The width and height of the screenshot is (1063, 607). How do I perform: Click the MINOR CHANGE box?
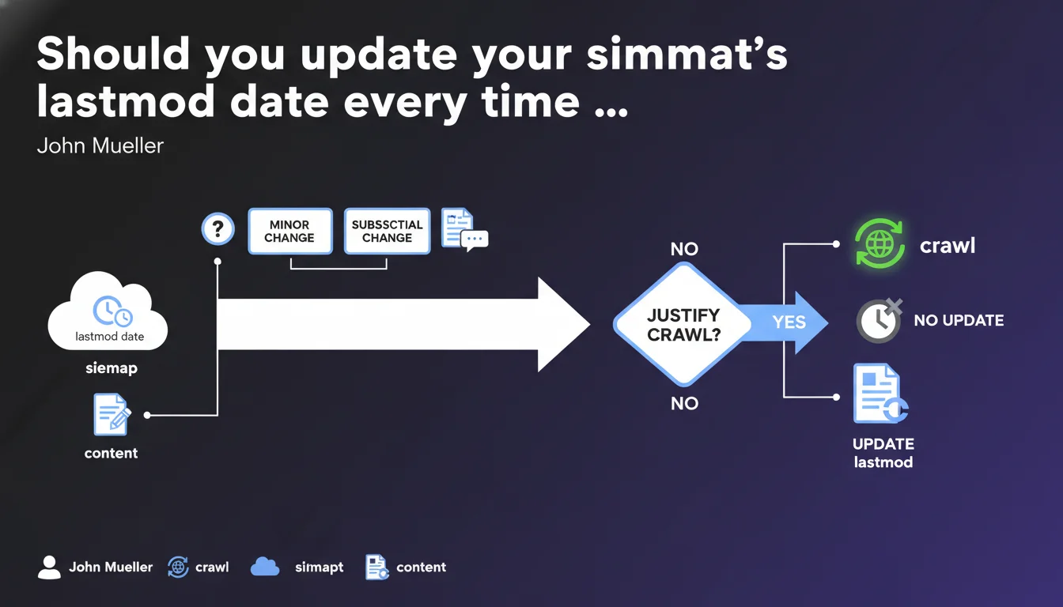click(290, 231)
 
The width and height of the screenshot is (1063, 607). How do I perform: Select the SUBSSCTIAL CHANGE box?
click(387, 231)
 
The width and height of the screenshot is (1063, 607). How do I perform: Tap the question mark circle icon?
click(218, 230)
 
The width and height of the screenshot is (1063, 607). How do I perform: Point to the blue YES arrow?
click(795, 322)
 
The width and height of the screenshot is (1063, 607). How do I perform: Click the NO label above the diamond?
click(684, 249)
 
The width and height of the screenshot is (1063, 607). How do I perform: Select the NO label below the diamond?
click(684, 404)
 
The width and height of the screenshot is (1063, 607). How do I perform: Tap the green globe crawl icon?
click(880, 245)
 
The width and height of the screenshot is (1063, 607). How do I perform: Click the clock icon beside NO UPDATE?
click(879, 321)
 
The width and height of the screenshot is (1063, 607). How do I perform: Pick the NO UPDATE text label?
click(959, 321)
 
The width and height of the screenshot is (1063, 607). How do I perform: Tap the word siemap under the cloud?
click(111, 368)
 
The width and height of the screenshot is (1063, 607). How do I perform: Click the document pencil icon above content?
click(112, 414)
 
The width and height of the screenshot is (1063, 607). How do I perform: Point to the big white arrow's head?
click(563, 324)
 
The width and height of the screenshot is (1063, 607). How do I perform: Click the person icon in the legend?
click(49, 567)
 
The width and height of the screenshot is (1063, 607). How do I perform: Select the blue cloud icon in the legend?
click(265, 567)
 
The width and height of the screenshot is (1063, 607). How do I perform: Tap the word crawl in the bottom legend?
click(212, 567)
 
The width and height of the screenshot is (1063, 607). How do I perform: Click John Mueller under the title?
click(100, 146)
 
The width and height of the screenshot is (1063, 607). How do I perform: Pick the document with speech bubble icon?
click(463, 230)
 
